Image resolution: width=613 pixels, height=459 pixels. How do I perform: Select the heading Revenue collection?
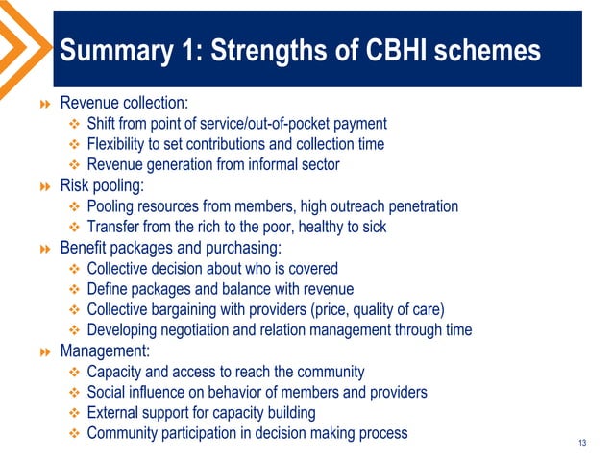pyautogui.click(x=126, y=103)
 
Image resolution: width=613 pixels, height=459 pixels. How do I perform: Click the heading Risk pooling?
pyautogui.click(x=102, y=185)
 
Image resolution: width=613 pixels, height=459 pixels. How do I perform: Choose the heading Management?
pyautogui.click(x=105, y=350)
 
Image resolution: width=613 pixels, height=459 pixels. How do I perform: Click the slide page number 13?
pyautogui.click(x=581, y=442)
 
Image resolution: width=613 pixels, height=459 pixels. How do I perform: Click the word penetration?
pyautogui.click(x=418, y=206)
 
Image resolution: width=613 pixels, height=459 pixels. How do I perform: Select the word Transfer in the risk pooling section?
pyautogui.click(x=112, y=227)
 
